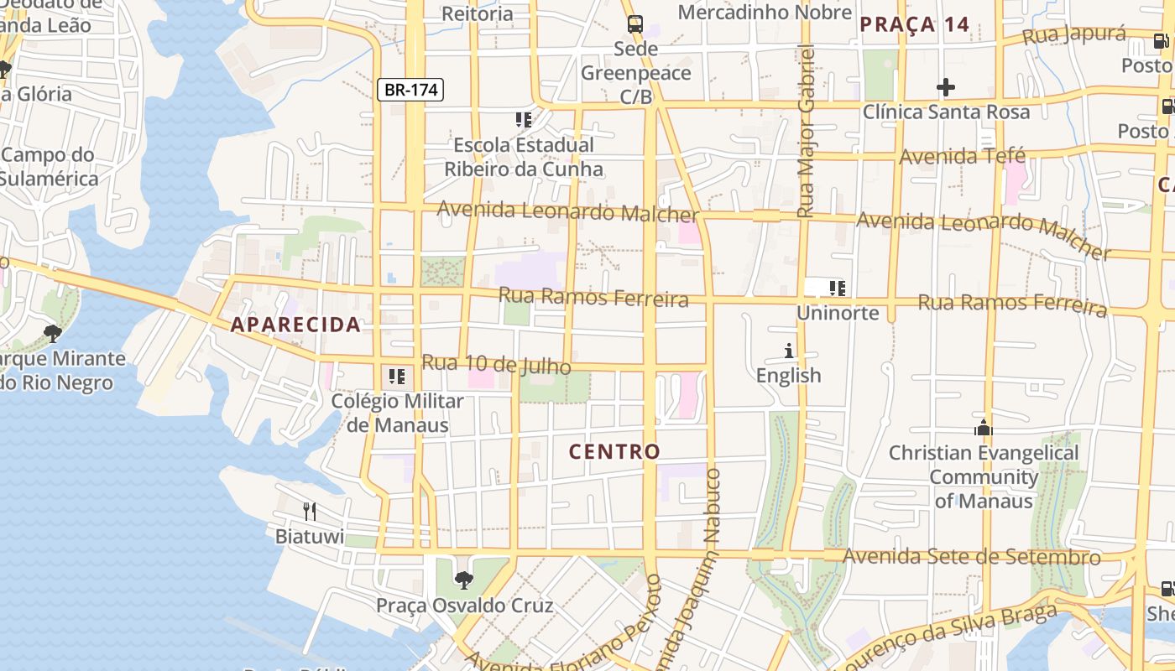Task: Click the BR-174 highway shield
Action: pyautogui.click(x=410, y=90)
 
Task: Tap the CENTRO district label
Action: pyautogui.click(x=615, y=451)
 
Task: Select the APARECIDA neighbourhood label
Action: pyautogui.click(x=295, y=325)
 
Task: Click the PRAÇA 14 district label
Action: pyautogui.click(x=915, y=24)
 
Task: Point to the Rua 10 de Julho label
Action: pyautogui.click(x=496, y=365)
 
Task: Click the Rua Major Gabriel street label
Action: pyautogui.click(x=807, y=132)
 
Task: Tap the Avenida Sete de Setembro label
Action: pyautogui.click(x=971, y=556)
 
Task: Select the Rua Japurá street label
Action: pyautogui.click(x=1074, y=35)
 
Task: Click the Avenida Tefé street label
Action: pyautogui.click(x=963, y=156)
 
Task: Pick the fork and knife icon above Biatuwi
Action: pyautogui.click(x=310, y=511)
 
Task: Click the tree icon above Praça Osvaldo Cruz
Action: pyautogui.click(x=463, y=580)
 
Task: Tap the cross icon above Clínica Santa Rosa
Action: pyautogui.click(x=946, y=87)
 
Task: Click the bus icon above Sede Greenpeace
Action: pyautogui.click(x=635, y=23)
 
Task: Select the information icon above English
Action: pyautogui.click(x=788, y=351)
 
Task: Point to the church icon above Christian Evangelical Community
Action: pyautogui.click(x=984, y=429)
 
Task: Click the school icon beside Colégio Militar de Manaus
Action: pyautogui.click(x=396, y=376)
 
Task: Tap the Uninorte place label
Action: pyautogui.click(x=838, y=313)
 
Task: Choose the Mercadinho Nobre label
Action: pyautogui.click(x=765, y=13)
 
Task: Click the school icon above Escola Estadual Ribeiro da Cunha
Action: pyautogui.click(x=524, y=120)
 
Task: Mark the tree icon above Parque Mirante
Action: pyautogui.click(x=53, y=334)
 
